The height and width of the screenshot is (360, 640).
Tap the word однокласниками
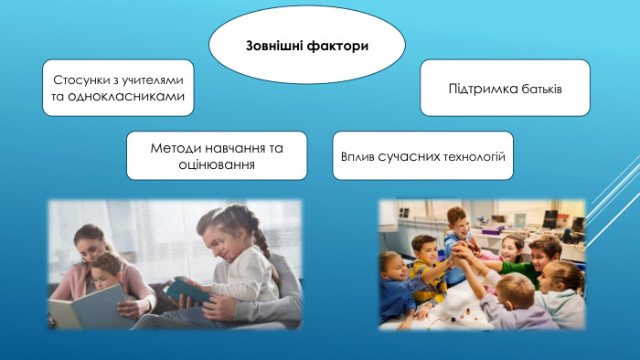126,95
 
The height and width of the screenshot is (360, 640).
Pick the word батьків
538,88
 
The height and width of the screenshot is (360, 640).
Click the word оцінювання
218,164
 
